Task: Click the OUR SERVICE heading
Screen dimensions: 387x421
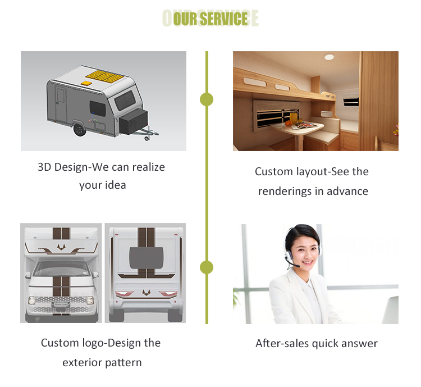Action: (210, 19)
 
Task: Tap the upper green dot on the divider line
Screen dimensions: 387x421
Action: (207, 99)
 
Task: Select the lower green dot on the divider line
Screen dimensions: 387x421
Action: (207, 267)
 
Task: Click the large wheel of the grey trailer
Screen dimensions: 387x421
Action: (80, 129)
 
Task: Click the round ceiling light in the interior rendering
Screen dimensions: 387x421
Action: (329, 57)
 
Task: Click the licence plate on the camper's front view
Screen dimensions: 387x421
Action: (60, 306)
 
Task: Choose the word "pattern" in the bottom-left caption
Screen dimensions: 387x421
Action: (124, 362)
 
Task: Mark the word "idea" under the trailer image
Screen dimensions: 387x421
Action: (115, 185)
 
